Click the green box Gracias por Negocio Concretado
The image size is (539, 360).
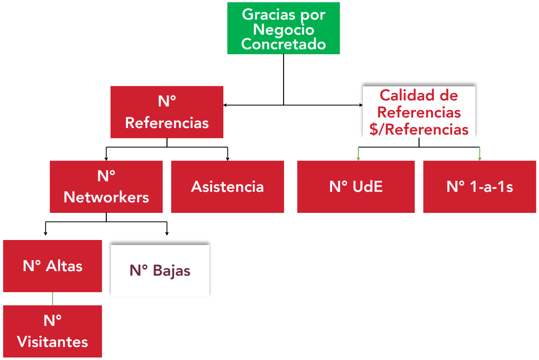284,28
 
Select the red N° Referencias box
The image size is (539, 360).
167,112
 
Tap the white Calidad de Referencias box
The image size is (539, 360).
419,112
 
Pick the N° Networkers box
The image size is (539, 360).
106,186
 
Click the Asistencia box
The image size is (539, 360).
227,186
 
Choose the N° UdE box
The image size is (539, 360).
356,186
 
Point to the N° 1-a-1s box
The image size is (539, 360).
479,186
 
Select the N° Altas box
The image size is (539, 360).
53,266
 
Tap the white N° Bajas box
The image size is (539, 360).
160,271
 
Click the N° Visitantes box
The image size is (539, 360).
53,331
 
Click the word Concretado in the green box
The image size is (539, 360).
284,44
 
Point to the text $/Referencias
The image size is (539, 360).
419,130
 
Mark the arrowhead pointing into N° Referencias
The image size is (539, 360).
226,105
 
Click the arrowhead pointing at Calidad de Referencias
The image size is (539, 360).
360,105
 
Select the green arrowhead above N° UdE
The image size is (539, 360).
358,158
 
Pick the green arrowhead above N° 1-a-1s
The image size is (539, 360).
480,158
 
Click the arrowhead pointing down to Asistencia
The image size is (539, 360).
228,158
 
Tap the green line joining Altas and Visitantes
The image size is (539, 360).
53,299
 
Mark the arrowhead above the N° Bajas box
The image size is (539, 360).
167,233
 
